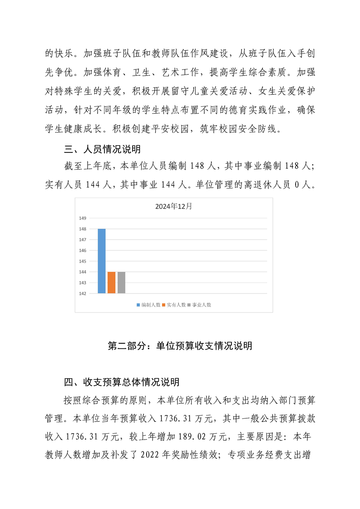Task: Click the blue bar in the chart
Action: coord(102,261)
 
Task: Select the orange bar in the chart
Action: coord(111,283)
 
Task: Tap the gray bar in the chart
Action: coord(121,283)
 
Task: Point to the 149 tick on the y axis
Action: coord(83,218)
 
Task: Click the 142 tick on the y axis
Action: coord(83,294)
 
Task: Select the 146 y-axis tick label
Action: coord(83,250)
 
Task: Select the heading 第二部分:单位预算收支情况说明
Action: coord(180,346)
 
